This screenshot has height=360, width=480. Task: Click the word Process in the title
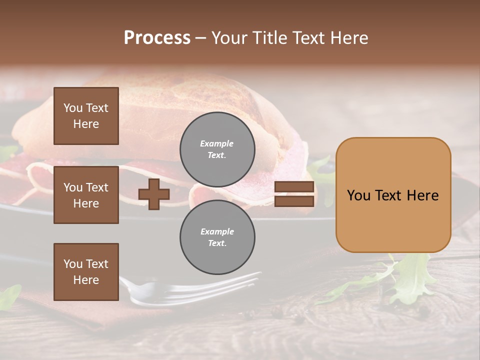pyautogui.click(x=157, y=38)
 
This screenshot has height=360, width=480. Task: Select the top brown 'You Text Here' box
pyautogui.click(x=86, y=116)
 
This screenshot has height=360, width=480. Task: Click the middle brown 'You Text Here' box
pyautogui.click(x=86, y=195)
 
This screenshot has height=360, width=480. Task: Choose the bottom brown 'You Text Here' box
pyautogui.click(x=86, y=272)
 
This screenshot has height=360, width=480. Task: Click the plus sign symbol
pyautogui.click(x=154, y=194)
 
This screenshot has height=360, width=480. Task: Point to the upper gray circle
pyautogui.click(x=217, y=149)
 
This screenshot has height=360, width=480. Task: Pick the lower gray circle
pyautogui.click(x=217, y=237)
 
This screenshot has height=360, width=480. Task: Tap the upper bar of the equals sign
pyautogui.click(x=294, y=187)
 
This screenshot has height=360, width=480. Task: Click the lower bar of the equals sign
pyautogui.click(x=294, y=201)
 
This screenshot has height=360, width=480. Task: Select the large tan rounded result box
pyautogui.click(x=393, y=195)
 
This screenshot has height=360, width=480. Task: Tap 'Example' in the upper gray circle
pyautogui.click(x=217, y=143)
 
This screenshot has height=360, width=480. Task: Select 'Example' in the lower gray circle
pyautogui.click(x=217, y=231)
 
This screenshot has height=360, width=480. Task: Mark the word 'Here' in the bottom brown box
pyautogui.click(x=86, y=280)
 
